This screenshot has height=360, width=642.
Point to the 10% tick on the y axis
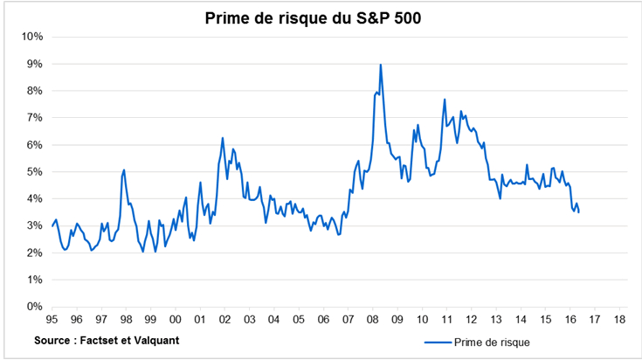coord(32,37)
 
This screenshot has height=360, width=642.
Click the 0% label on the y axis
coord(35,308)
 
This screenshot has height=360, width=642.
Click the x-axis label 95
coord(52,321)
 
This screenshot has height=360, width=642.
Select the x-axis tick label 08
coord(372,321)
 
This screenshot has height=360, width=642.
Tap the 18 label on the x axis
coord(618,321)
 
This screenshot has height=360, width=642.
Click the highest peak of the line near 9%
coord(381,65)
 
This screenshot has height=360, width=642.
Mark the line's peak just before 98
coord(124,170)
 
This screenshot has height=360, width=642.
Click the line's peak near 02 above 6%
coord(223,138)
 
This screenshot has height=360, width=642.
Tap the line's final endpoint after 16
coord(578,212)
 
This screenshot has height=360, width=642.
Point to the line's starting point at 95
coord(52,226)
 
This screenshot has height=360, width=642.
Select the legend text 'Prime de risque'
coord(492,342)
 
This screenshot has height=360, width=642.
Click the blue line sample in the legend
coord(436,342)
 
